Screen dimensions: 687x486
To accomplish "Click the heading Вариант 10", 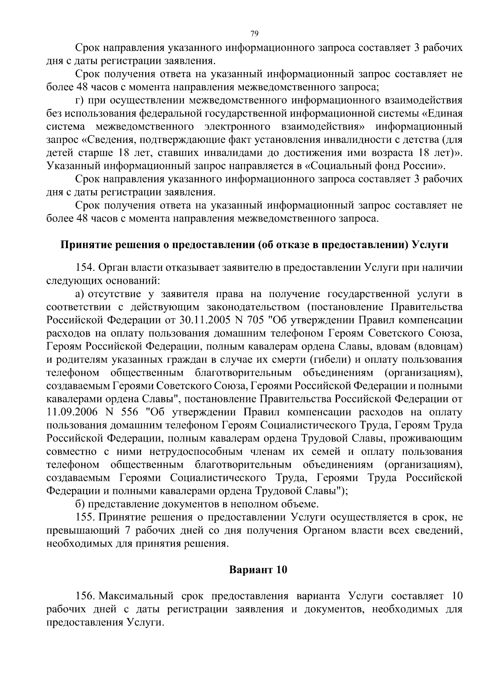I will click(258, 570).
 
